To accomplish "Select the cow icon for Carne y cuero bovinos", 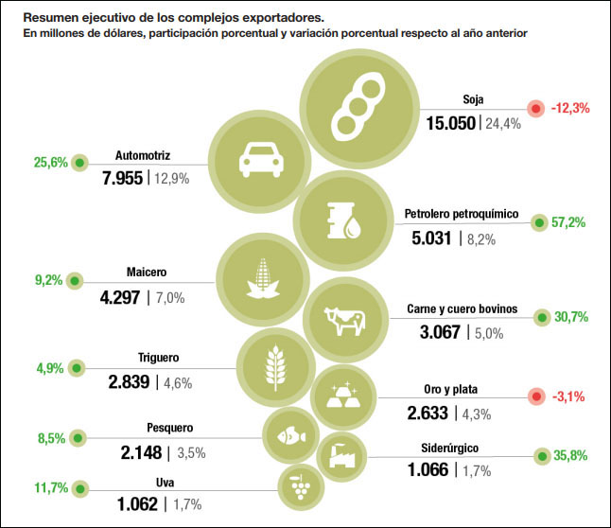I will [x=344, y=321].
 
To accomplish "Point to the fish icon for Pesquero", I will [x=289, y=436].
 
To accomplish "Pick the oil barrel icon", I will [x=342, y=220].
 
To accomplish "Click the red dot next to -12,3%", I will [x=536, y=108].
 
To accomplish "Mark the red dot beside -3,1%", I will [x=536, y=396].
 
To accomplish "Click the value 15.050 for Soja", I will [x=449, y=123].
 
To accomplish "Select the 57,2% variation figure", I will [x=568, y=222].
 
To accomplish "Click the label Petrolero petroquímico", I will [x=462, y=214].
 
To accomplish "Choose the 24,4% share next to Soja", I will [x=503, y=124].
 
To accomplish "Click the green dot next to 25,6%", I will [x=79, y=162].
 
